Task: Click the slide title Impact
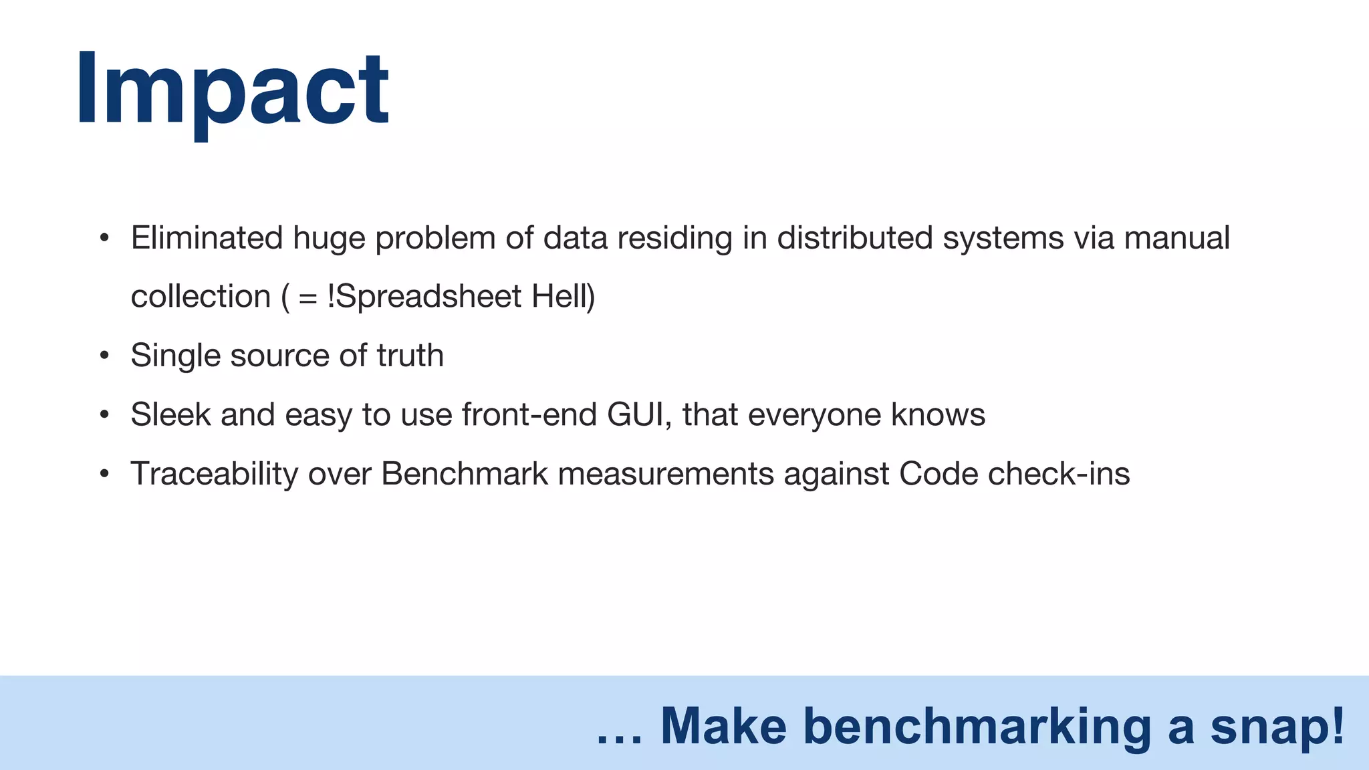click(232, 89)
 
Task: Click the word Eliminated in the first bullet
click(207, 238)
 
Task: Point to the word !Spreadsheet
click(424, 297)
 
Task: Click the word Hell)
click(563, 297)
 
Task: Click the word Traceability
click(214, 474)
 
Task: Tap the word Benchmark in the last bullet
click(465, 474)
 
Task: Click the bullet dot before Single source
click(104, 356)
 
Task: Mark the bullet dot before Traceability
click(104, 475)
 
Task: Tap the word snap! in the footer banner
click(1277, 727)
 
